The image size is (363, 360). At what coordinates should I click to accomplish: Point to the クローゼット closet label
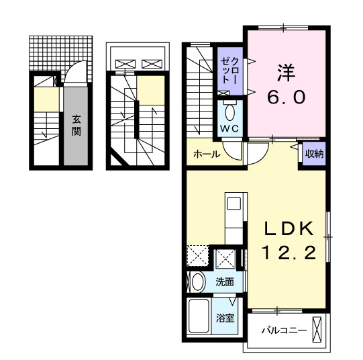(225, 69)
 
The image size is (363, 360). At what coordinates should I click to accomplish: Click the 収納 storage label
(314, 153)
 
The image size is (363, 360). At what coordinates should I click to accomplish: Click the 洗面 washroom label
(224, 283)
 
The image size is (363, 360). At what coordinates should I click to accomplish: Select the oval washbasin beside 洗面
(197, 282)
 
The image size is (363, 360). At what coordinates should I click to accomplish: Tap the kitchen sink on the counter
(234, 204)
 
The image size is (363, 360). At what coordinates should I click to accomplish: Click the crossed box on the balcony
(318, 330)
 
